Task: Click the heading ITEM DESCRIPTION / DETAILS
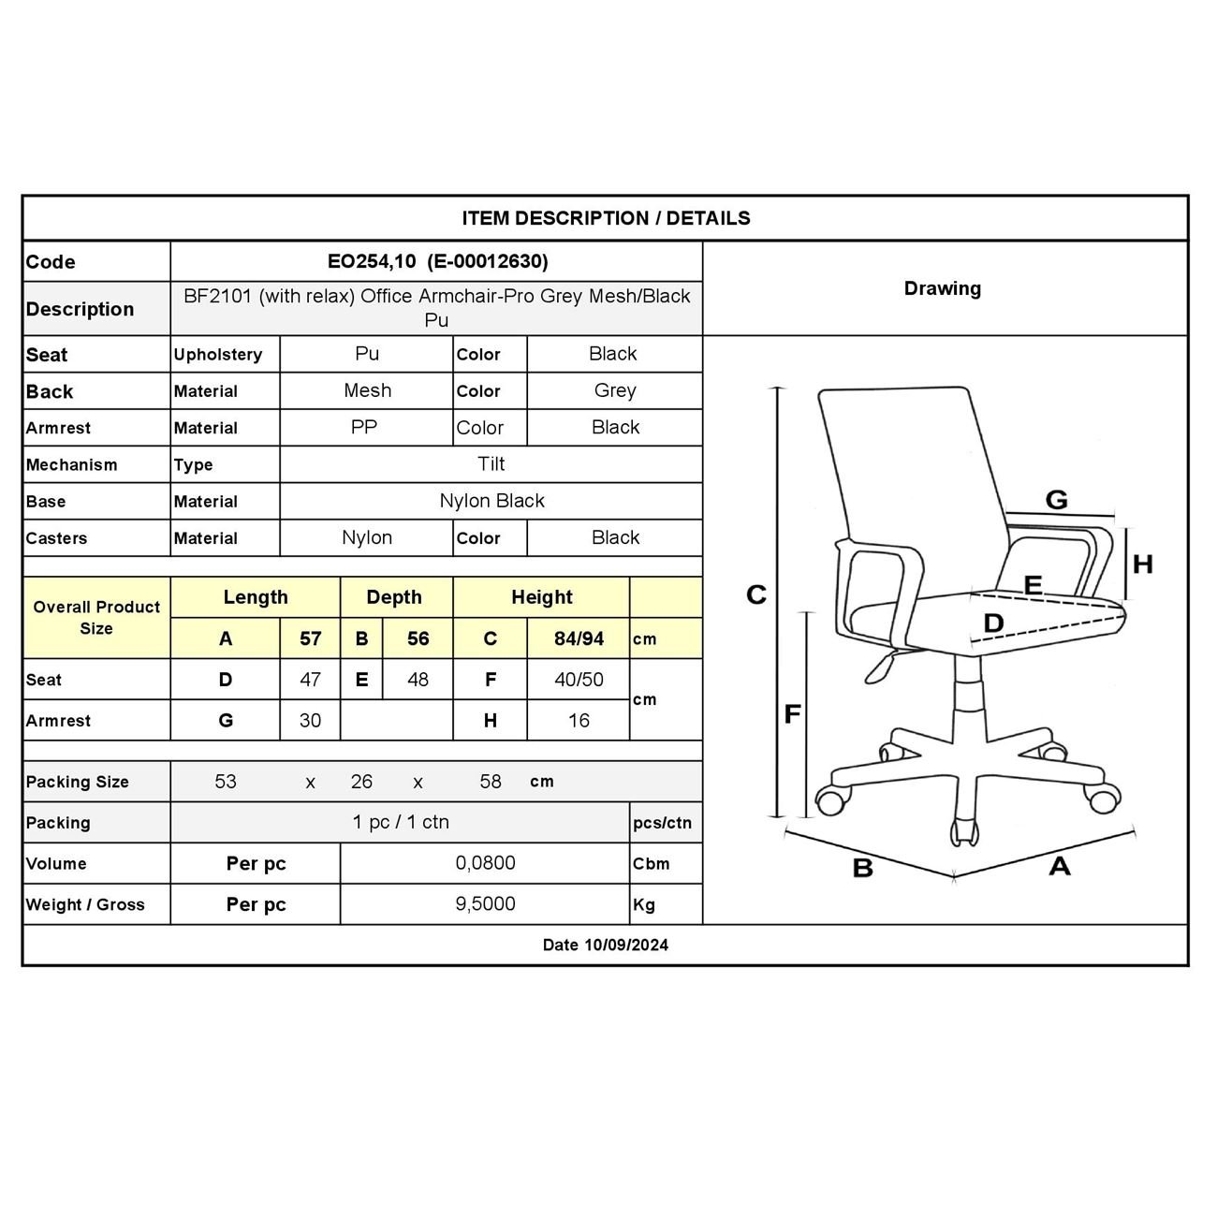606,218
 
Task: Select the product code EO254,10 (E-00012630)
437,261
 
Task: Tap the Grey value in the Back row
614,390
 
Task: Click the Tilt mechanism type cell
491,464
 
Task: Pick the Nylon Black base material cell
491,501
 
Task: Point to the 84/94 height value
579,638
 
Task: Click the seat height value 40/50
579,680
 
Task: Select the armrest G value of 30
310,721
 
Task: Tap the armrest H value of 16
579,721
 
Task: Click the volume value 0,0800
485,863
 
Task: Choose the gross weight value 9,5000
485,904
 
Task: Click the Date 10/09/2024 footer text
606,945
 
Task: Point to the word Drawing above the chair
942,288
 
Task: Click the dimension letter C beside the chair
756,594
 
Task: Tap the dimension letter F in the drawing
792,714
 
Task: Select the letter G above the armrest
1056,500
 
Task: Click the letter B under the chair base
862,868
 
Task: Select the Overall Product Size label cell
96,618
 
